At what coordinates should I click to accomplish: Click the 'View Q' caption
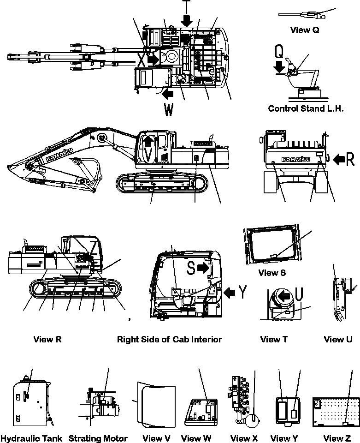[305, 30]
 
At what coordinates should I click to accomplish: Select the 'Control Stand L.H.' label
[306, 109]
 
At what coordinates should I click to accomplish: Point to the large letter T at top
[186, 6]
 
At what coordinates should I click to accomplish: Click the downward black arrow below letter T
[186, 21]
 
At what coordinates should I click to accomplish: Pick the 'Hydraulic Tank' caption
[31, 438]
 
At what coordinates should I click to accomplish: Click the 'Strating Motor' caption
[98, 438]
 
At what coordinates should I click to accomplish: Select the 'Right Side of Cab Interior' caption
[169, 339]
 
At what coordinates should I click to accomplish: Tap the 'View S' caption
[272, 273]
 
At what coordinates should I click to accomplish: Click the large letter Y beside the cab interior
[243, 292]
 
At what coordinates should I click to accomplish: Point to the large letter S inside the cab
[191, 269]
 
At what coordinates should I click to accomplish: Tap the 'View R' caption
[47, 339]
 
